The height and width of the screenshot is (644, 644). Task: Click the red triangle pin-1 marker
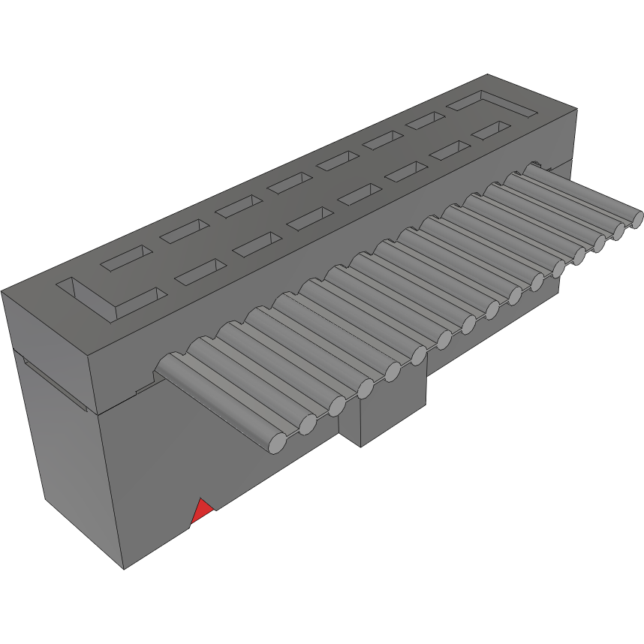(202, 512)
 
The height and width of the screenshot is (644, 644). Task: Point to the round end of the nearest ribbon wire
(277, 444)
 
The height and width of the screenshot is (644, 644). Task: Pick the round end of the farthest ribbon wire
(636, 219)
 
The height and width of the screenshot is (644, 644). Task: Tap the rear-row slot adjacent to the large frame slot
(424, 120)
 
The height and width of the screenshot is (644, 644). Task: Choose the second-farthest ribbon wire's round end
(620, 230)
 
